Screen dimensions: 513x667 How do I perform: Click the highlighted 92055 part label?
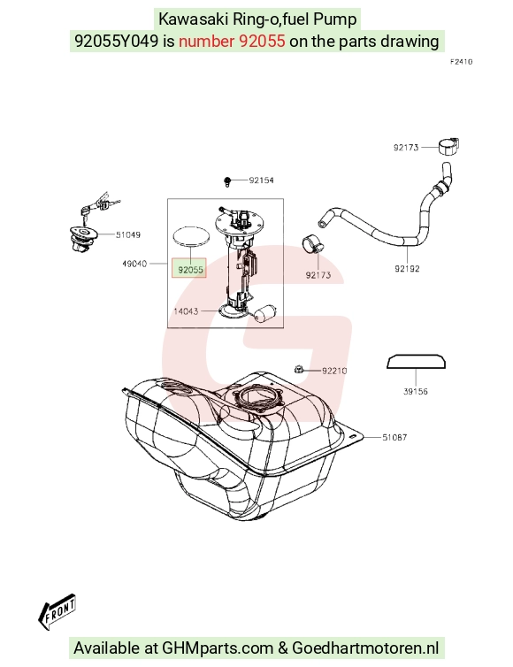coord(190,269)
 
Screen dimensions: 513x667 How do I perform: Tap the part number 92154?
coord(261,180)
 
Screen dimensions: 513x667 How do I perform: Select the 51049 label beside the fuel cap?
coord(128,234)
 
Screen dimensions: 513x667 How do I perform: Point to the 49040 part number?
coord(134,264)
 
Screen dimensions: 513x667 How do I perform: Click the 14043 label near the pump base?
coord(186,311)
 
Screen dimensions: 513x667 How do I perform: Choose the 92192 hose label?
coord(407,268)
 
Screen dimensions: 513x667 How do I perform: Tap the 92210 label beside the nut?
coord(334,371)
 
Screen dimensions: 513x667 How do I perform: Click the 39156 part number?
coord(416,391)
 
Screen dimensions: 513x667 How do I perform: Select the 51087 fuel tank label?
coord(394,437)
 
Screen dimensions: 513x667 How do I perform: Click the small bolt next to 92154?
coord(227,181)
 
